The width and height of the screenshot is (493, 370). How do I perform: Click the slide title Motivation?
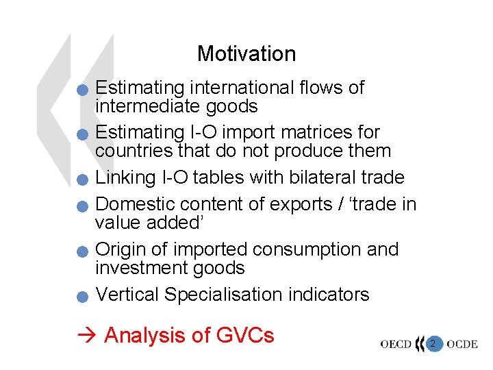(246, 53)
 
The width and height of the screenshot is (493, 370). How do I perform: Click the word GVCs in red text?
(244, 335)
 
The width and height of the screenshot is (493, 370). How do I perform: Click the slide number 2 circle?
(432, 343)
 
